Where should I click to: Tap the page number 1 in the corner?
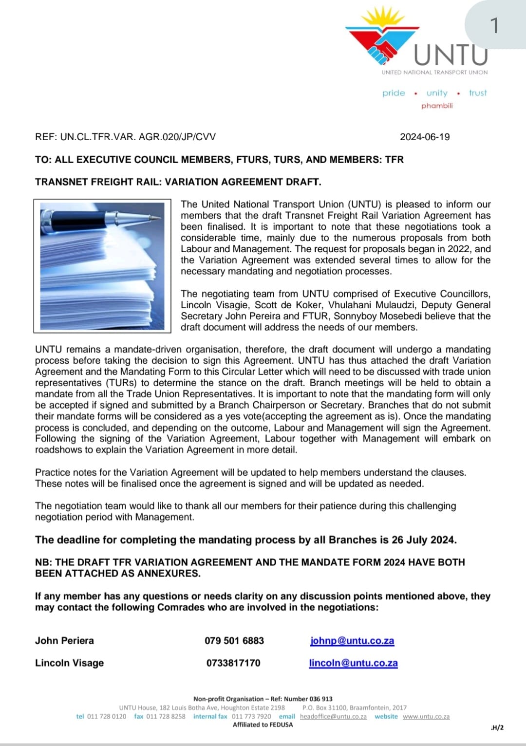(x=494, y=25)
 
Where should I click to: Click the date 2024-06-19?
(x=425, y=137)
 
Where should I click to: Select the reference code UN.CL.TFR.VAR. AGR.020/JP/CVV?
(x=138, y=137)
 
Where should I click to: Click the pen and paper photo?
(x=102, y=265)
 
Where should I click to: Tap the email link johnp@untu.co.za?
(x=352, y=641)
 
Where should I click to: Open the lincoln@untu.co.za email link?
(x=353, y=663)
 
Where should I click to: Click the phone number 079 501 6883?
(x=234, y=641)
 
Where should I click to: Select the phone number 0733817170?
(x=233, y=663)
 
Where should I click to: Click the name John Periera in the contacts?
(x=64, y=641)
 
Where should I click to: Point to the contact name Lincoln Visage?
(x=69, y=663)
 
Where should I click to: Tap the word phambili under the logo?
(x=437, y=106)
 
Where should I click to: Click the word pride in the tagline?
(x=394, y=93)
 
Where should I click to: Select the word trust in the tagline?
(x=478, y=93)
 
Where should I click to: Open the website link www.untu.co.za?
(x=426, y=717)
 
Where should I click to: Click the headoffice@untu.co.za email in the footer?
(x=333, y=717)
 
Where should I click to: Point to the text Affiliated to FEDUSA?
(x=263, y=725)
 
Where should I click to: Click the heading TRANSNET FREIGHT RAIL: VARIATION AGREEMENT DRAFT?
(x=178, y=182)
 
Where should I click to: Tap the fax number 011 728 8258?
(x=166, y=717)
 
